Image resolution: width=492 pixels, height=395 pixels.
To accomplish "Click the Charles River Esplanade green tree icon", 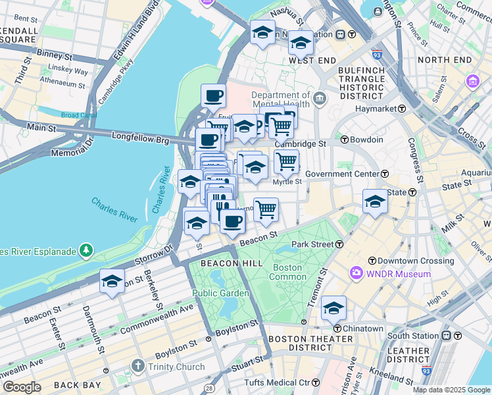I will tap(86, 250).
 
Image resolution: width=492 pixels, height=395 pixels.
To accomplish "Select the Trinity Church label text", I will tap(172, 366).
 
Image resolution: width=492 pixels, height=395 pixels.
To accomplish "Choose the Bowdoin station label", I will tap(366, 140).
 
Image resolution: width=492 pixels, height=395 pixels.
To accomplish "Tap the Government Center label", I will tap(342, 174).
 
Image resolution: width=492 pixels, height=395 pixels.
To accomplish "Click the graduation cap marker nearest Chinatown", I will tap(333, 307).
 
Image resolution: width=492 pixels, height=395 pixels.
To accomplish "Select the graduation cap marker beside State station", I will tap(375, 201).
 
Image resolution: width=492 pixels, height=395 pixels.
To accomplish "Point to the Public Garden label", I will tap(220, 293).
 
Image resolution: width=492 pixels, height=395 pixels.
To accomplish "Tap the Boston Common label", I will tap(287, 273).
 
